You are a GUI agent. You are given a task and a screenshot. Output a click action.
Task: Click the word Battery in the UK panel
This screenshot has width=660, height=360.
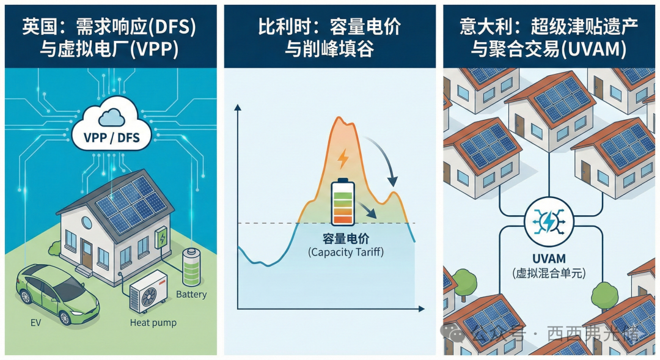click(191, 295)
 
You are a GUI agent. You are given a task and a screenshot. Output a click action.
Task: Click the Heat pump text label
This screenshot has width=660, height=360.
click(153, 322)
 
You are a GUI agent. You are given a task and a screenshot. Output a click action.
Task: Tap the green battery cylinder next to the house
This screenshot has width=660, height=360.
click(193, 267)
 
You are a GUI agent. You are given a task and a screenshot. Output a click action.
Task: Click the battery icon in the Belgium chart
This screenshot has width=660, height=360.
click(342, 202)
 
